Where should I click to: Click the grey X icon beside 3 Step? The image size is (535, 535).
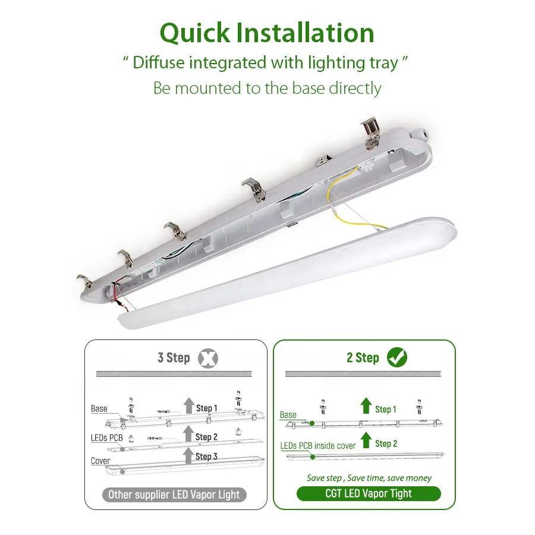[x=207, y=358]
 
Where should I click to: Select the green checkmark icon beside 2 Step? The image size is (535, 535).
[x=396, y=357]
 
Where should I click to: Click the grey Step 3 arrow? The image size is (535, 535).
[x=188, y=456]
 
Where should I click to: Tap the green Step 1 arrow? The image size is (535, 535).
[x=366, y=407]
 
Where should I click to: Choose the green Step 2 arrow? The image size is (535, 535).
[x=366, y=440]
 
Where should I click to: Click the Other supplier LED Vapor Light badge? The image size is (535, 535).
[x=174, y=495]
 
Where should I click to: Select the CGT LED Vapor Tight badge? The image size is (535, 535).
[x=369, y=493]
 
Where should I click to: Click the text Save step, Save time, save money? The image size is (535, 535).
[x=369, y=478]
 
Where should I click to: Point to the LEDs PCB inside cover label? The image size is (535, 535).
[x=318, y=445]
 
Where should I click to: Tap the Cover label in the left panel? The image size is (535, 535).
[x=100, y=461]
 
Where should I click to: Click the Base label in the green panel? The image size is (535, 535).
[x=288, y=415]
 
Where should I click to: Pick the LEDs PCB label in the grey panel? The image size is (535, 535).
[x=107, y=438]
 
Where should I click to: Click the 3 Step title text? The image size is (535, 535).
[x=174, y=358]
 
